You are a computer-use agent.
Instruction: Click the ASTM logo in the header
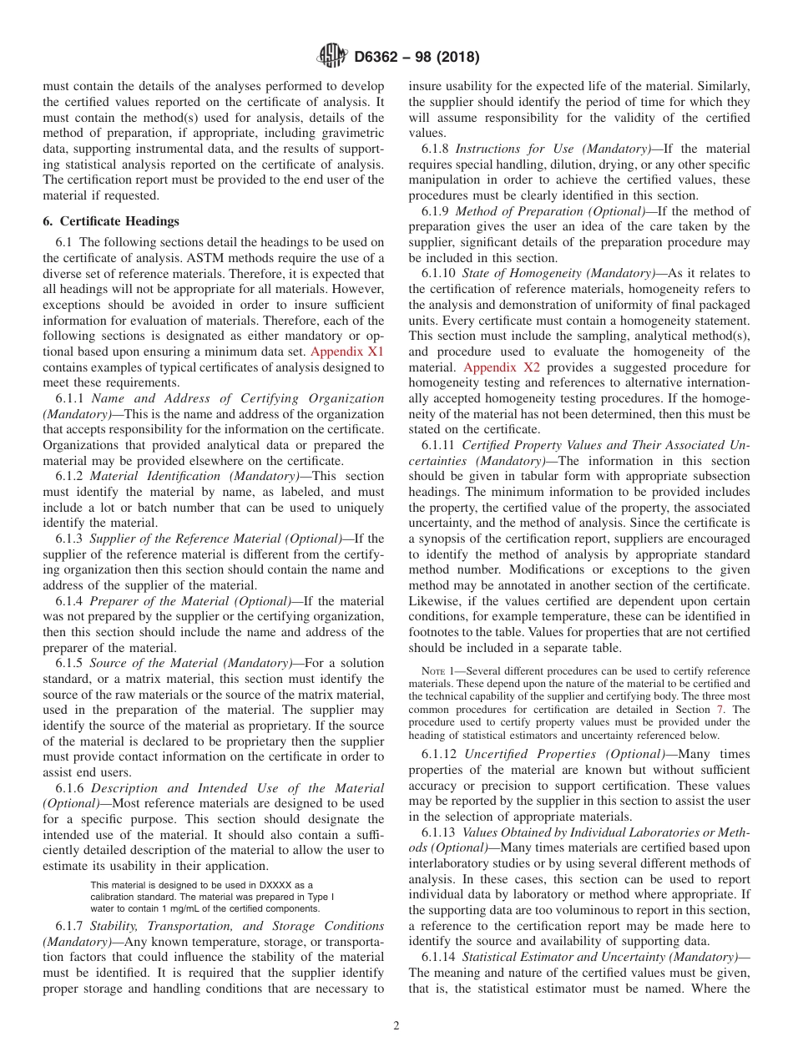[x=332, y=58]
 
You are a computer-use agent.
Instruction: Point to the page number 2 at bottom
[x=396, y=1026]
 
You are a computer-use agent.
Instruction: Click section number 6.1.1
[x=71, y=399]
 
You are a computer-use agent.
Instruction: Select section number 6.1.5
[x=71, y=663]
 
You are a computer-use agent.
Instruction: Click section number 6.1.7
[x=71, y=926]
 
